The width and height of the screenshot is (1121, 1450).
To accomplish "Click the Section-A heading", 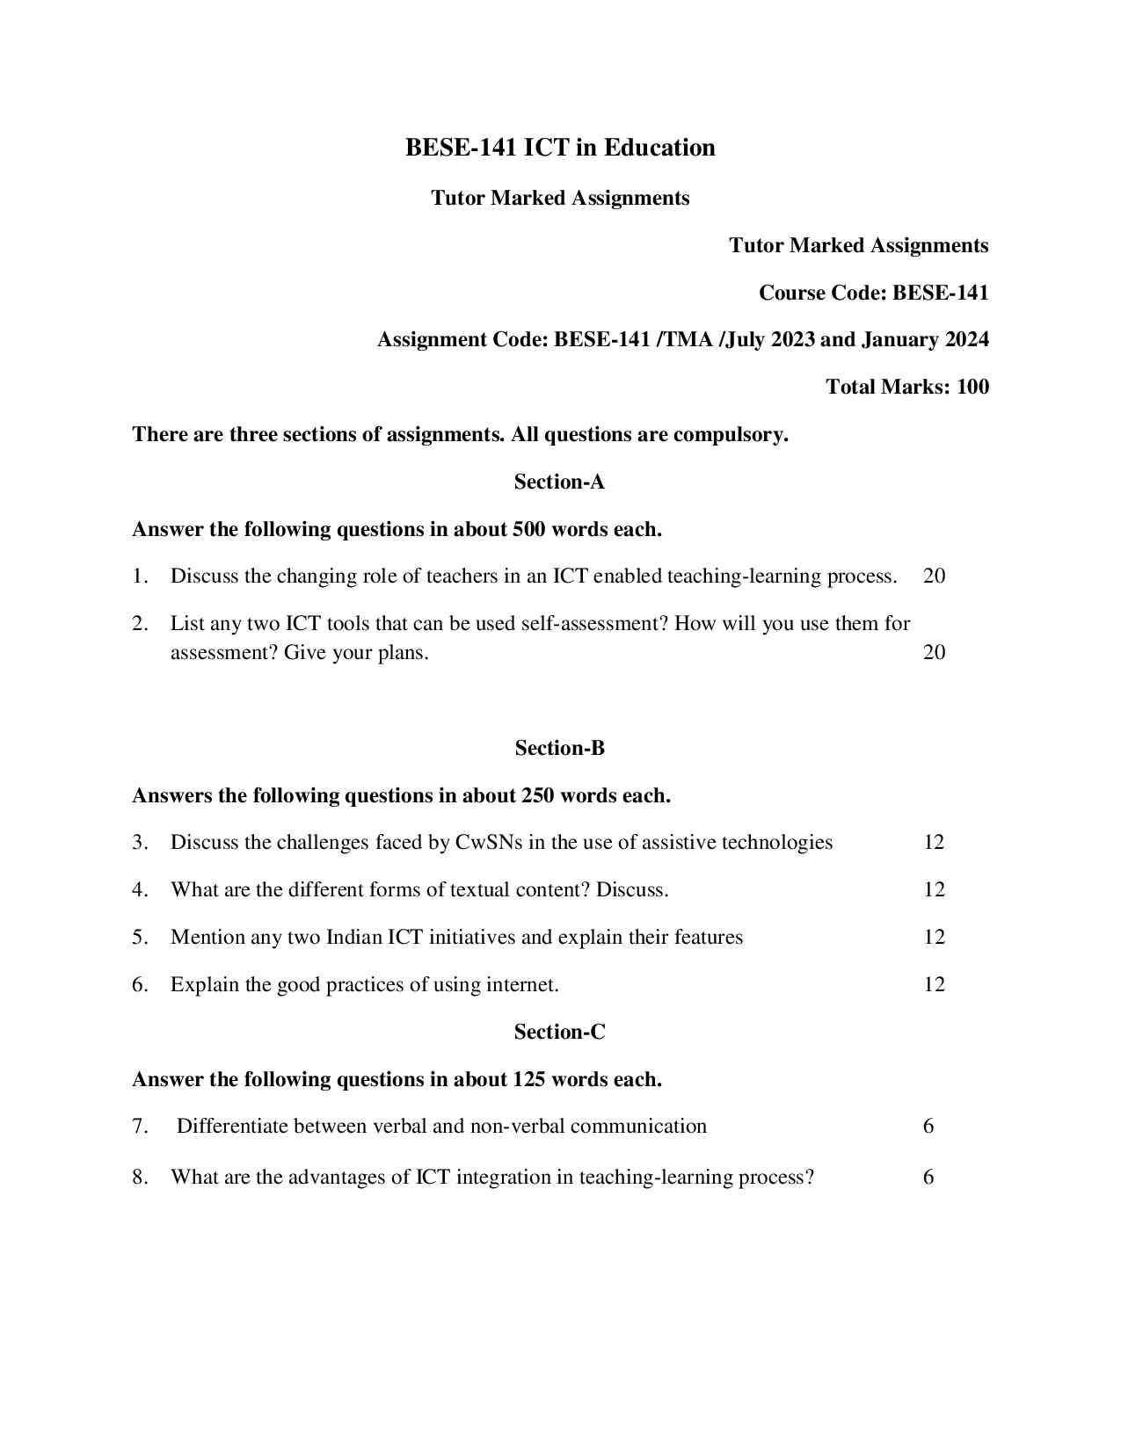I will pyautogui.click(x=559, y=482).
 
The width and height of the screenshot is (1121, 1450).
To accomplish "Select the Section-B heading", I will pyautogui.click(x=559, y=748).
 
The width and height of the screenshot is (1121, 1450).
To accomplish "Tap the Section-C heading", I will pyautogui.click(x=559, y=1032).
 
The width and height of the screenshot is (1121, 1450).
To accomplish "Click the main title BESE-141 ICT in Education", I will pyautogui.click(x=560, y=148).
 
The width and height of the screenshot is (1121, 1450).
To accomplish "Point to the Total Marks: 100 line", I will pyautogui.click(x=906, y=387).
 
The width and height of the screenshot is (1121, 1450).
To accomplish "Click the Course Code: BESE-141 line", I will pyautogui.click(x=873, y=293).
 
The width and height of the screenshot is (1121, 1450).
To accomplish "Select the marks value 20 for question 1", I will pyautogui.click(x=934, y=576).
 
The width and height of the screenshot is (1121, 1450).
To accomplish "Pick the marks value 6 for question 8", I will pyautogui.click(x=928, y=1178).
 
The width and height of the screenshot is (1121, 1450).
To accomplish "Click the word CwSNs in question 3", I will pyautogui.click(x=489, y=843).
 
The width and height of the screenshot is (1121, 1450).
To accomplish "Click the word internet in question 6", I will pyautogui.click(x=519, y=985).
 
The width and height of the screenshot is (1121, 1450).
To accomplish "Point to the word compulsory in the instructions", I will pyautogui.click(x=730, y=435).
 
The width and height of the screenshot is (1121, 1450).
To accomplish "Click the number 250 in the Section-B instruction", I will pyautogui.click(x=537, y=796).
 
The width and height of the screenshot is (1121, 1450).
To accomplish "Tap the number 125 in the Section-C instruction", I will pyautogui.click(x=529, y=1079).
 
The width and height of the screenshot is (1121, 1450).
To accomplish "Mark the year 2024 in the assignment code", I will pyautogui.click(x=966, y=340).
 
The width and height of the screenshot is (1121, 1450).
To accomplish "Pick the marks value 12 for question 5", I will pyautogui.click(x=934, y=938).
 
